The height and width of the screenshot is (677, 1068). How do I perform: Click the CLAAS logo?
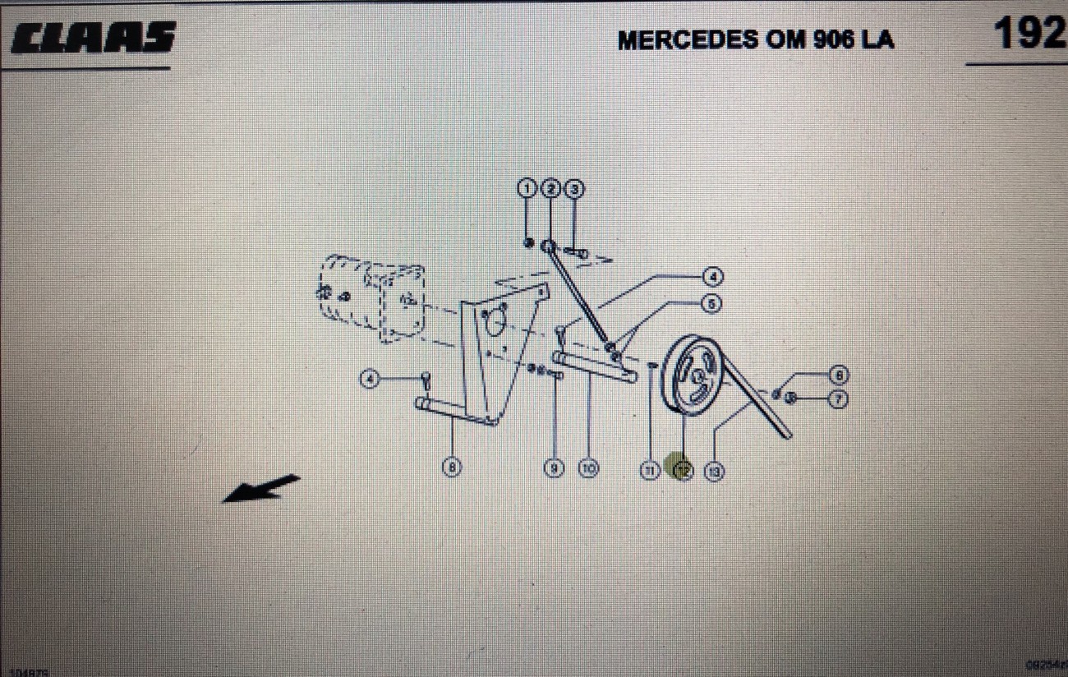tap(93, 38)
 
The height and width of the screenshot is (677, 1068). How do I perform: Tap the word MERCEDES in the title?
tap(688, 40)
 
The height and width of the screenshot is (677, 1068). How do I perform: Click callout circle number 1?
tap(527, 189)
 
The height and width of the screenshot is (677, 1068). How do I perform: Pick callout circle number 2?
tap(551, 189)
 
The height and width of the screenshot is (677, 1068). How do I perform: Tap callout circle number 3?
tap(576, 189)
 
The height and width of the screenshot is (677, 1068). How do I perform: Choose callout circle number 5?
tap(711, 303)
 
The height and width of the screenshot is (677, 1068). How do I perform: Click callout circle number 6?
tap(838, 375)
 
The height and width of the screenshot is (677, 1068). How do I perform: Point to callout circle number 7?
tap(838, 399)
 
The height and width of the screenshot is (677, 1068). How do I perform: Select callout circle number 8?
tap(451, 467)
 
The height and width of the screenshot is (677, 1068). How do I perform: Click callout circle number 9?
tap(555, 468)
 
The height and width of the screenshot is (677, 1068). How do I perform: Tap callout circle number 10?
tap(588, 468)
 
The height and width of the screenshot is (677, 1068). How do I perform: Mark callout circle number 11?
tap(650, 470)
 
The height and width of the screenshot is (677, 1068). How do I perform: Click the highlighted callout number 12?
tap(683, 470)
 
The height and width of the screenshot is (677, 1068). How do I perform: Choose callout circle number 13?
tap(715, 471)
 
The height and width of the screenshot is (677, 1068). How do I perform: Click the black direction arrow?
tap(261, 487)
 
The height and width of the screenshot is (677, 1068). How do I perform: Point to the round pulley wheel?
tap(692, 376)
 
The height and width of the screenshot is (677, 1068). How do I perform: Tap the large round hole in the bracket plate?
tap(495, 323)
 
